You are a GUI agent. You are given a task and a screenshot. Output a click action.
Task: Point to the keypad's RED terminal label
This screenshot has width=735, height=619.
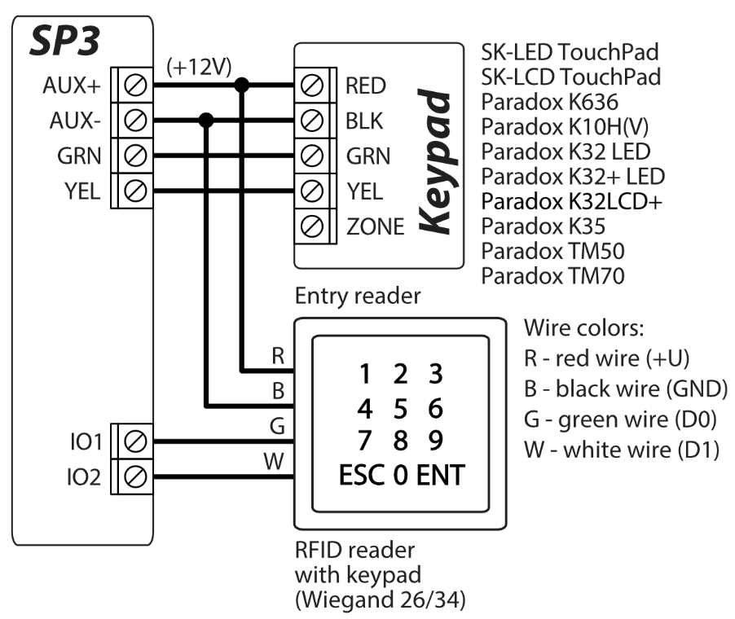click(366, 86)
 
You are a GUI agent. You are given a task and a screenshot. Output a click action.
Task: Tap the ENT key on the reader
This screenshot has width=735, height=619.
click(442, 475)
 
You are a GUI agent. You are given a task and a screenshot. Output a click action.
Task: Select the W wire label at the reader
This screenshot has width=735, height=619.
click(275, 463)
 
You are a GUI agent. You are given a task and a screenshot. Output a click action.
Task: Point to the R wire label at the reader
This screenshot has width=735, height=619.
click(277, 356)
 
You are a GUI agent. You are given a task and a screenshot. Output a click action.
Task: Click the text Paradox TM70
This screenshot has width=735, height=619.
click(552, 276)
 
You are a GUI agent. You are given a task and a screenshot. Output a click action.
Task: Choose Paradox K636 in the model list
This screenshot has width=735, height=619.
click(550, 103)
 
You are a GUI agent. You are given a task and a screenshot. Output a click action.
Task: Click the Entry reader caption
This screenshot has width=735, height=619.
click(358, 296)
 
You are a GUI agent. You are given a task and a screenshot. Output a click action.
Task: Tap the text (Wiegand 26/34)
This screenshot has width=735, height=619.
click(381, 601)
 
